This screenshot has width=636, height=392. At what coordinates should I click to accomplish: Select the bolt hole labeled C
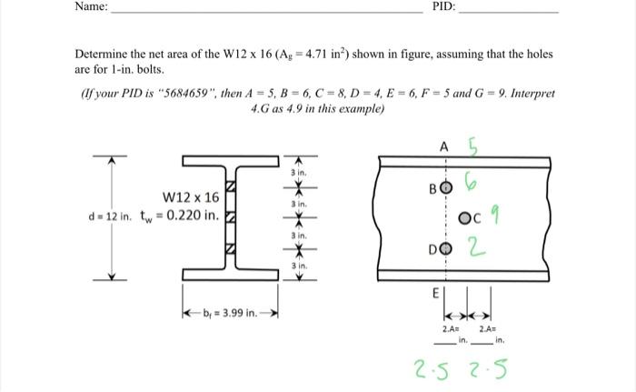(x=464, y=218)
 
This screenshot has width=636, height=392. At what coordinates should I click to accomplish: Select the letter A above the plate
(x=443, y=146)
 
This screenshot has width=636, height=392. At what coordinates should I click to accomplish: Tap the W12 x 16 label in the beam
(x=191, y=197)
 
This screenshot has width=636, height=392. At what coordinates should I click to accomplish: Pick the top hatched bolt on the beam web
(x=230, y=186)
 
